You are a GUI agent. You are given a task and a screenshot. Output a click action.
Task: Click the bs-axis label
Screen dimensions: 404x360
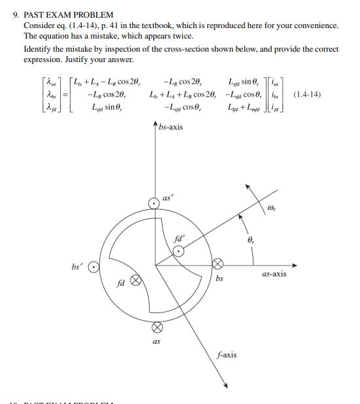[171, 127]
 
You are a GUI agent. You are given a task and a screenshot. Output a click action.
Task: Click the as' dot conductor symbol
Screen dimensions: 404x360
[154, 203]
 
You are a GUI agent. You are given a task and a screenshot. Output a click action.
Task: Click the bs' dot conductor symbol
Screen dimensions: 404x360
[94, 267]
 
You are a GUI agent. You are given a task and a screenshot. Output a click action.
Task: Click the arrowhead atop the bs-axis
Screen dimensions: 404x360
[154, 125]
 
